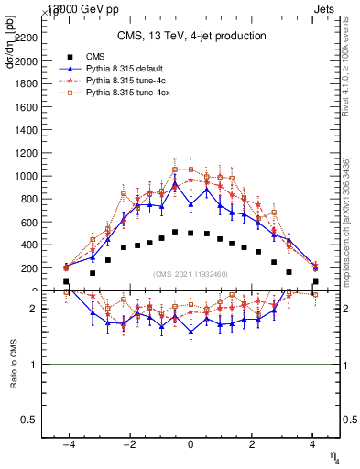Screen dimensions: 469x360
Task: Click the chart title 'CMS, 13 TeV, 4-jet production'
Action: pyautogui.click(x=191, y=37)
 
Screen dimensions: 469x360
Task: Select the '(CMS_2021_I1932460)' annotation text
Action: pyautogui.click(x=191, y=274)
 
